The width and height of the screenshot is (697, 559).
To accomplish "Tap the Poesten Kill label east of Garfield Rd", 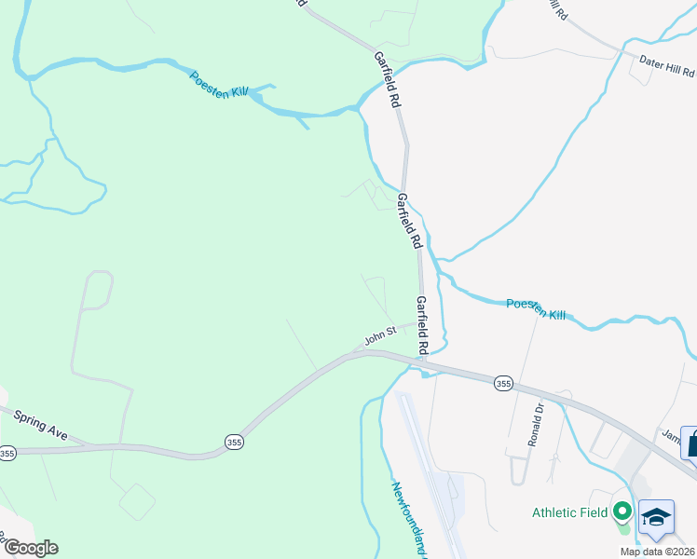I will (x=536, y=309).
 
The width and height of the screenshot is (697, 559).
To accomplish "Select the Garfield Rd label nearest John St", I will (x=422, y=325).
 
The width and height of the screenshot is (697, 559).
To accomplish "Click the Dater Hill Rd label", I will (x=668, y=68).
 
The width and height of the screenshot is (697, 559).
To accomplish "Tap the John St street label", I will (x=380, y=334).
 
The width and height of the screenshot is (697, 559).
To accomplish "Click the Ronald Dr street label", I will (x=535, y=424).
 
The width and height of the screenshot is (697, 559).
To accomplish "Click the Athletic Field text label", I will (x=568, y=512).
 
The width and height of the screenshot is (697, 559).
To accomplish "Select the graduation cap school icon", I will (x=656, y=518).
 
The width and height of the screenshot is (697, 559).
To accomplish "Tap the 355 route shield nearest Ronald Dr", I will (x=503, y=383).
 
